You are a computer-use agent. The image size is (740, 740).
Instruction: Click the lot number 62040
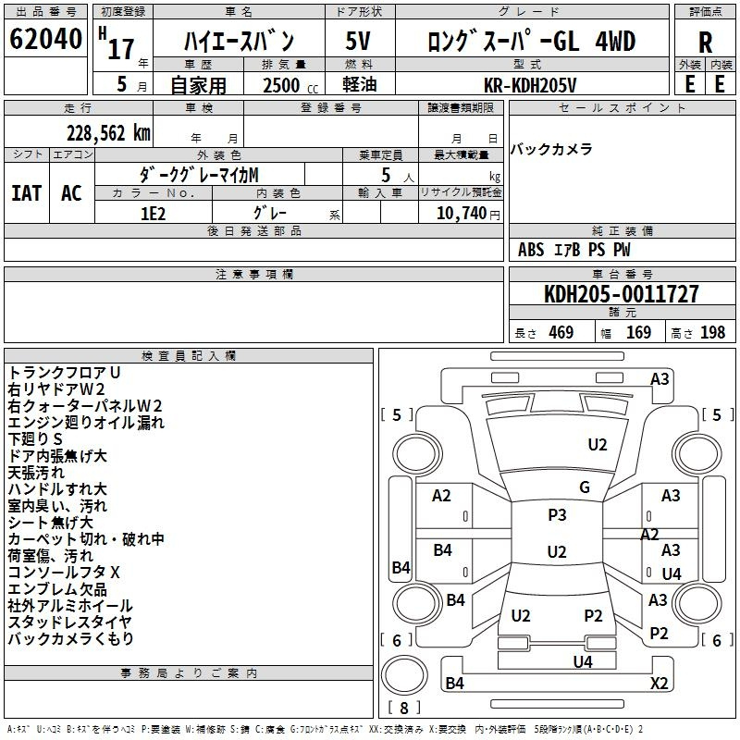45,39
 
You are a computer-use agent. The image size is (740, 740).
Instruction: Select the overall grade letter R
705,43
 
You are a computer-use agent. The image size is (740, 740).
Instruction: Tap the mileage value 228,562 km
108,133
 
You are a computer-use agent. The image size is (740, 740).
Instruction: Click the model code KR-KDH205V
530,85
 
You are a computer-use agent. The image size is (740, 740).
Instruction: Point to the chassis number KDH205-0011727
621,293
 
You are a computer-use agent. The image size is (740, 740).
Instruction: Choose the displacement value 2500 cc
290,85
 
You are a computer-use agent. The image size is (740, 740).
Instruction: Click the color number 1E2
154,214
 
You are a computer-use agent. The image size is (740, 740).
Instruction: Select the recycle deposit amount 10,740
462,214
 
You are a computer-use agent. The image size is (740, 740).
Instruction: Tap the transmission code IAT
27,193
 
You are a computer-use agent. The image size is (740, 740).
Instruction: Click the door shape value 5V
358,41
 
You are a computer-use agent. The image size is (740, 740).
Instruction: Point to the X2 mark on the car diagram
659,683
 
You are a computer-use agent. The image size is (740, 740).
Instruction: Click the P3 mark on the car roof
557,515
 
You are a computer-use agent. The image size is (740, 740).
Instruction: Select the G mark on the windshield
585,487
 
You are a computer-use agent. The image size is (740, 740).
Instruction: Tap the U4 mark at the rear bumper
583,661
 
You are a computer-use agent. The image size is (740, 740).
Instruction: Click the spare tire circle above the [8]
404,675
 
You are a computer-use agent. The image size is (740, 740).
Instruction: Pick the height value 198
712,332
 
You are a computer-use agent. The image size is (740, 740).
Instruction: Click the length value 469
561,332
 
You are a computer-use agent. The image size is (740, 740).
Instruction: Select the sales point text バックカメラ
551,149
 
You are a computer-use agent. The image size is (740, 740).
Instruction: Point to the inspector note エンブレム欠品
57,589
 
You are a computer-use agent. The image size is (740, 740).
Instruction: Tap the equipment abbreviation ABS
531,250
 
